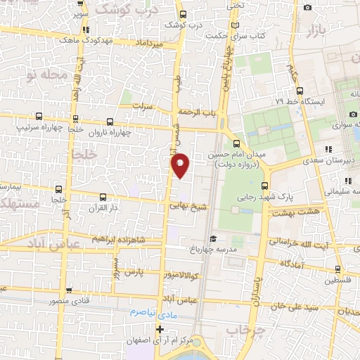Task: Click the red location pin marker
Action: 180,165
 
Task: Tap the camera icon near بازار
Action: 307,8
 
